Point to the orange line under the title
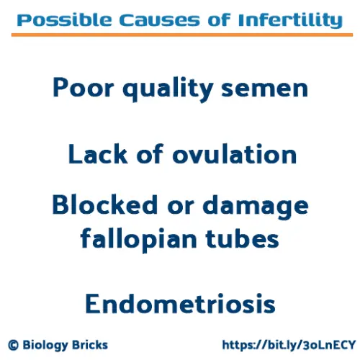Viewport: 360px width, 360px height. pyautogui.click(x=179, y=35)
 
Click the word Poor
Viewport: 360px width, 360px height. pyautogui.click(x=82, y=89)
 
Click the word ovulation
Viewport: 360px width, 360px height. pyautogui.click(x=231, y=154)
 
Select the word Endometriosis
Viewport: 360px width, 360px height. pyautogui.click(x=179, y=303)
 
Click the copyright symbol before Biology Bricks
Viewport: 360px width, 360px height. pyautogui.click(x=14, y=345)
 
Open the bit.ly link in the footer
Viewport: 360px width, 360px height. pyautogui.click(x=287, y=345)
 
